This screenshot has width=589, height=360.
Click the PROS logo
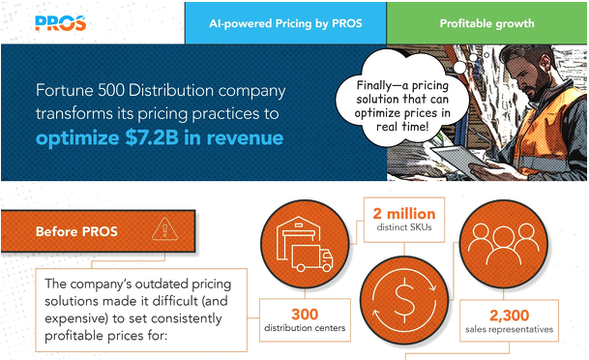[59, 22]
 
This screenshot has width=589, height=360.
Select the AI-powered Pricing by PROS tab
[285, 22]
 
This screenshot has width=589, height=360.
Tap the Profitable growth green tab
[486, 22]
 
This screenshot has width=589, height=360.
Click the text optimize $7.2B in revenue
[160, 138]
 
